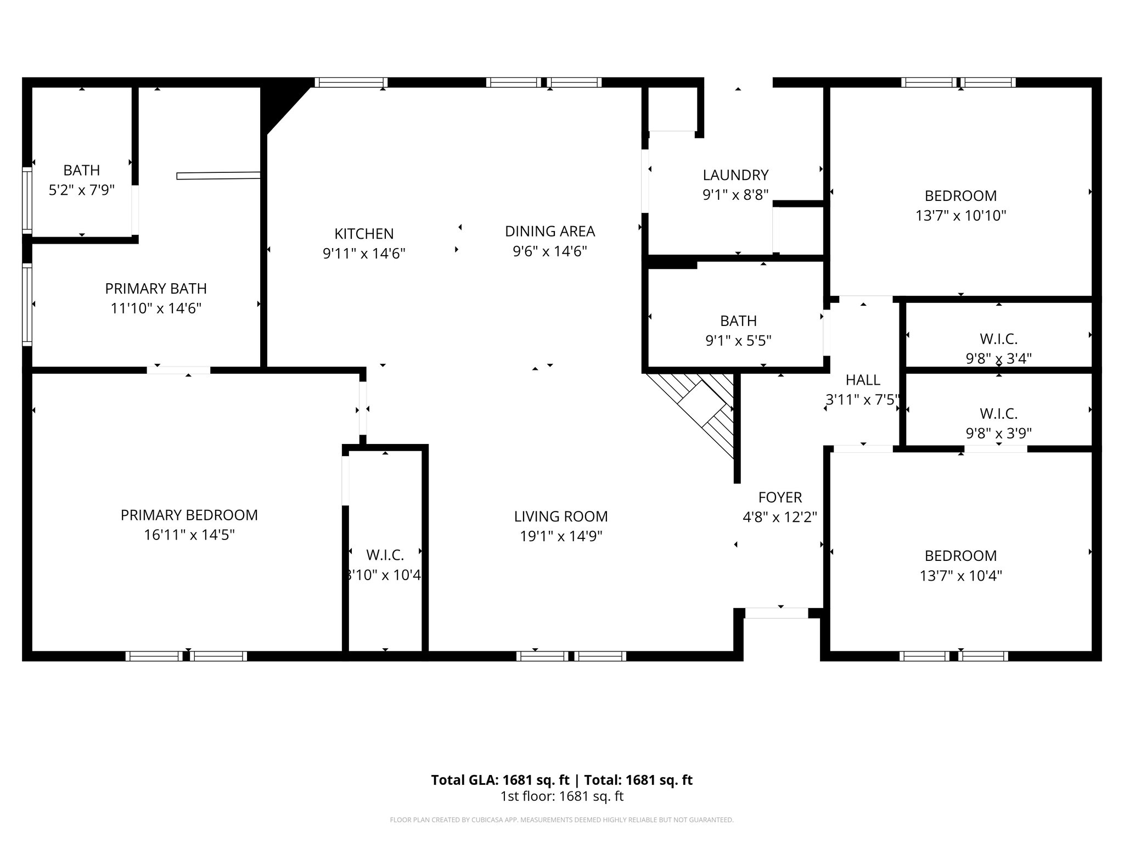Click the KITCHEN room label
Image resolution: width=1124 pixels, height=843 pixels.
point(364,234)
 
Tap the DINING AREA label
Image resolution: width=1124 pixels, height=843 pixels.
point(550,231)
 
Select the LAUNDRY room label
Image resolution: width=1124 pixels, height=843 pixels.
point(735,175)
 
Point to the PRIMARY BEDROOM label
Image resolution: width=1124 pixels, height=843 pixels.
point(189,515)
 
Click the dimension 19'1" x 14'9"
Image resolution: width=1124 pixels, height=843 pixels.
point(561,536)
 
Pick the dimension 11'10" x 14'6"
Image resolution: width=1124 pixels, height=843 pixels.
point(156,308)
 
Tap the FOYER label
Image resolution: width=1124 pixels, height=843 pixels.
point(780,497)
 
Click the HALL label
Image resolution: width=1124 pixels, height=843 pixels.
point(863,380)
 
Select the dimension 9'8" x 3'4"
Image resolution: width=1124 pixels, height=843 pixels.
point(998,358)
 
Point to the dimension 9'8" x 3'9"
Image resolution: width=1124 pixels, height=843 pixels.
point(998,434)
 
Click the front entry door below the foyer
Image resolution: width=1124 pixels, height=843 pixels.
point(776,613)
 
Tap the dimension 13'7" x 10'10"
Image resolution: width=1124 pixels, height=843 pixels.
point(960,216)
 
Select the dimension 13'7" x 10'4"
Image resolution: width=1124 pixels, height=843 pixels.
point(960,576)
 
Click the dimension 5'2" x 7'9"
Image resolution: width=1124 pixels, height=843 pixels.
point(81,190)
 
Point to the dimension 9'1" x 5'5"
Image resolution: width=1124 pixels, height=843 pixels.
point(738,341)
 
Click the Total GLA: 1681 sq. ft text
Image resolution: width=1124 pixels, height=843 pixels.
point(500,780)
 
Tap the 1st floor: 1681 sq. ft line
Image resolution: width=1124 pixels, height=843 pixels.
point(561,796)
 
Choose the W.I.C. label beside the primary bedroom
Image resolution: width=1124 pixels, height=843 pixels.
point(385,555)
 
